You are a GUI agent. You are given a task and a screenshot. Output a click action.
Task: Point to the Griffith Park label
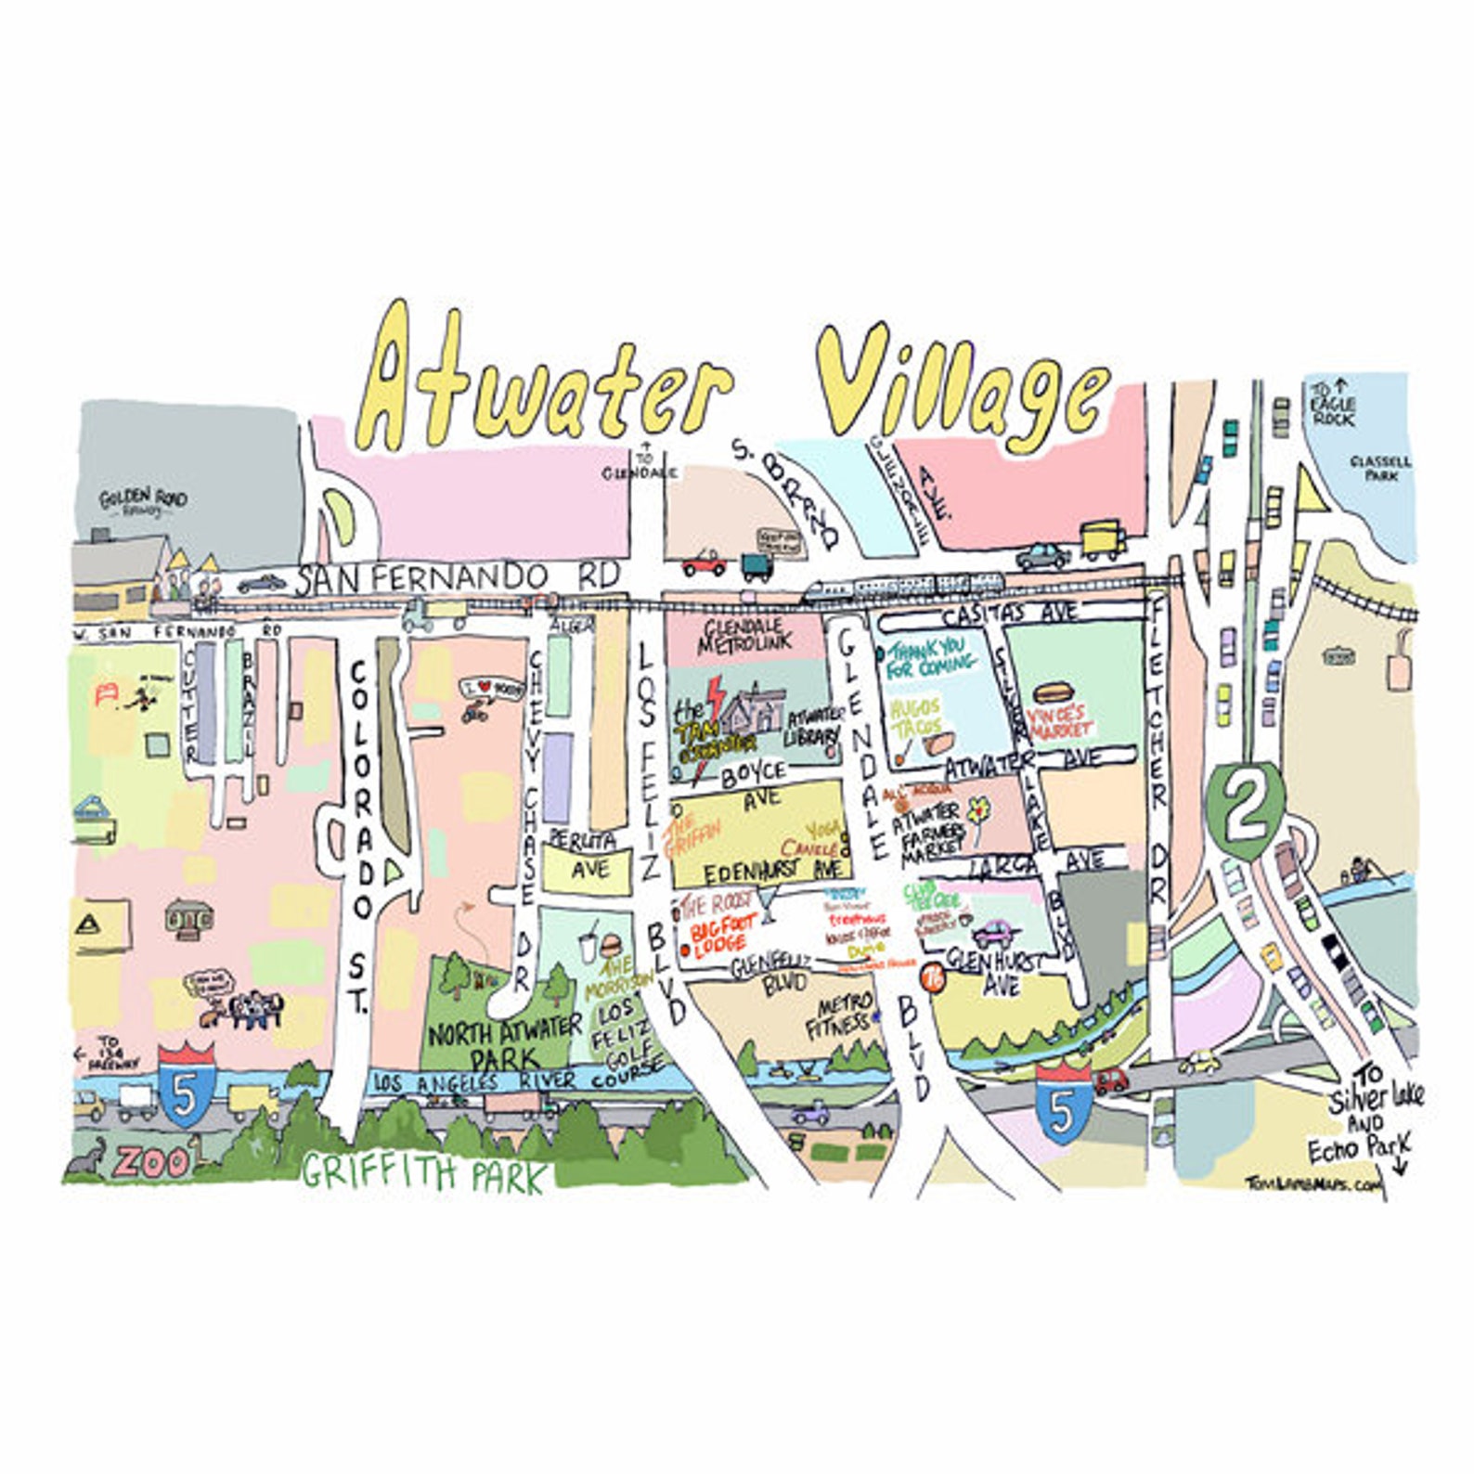coord(423,1173)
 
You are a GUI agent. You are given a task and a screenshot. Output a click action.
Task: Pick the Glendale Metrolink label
coord(745,633)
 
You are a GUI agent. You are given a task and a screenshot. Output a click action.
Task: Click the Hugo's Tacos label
coord(915,718)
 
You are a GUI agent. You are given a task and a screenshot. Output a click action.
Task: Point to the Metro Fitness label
coord(840,1016)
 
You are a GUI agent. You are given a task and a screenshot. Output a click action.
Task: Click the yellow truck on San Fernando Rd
coord(1103,540)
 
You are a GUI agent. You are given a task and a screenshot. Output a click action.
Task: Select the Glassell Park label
coord(1380,468)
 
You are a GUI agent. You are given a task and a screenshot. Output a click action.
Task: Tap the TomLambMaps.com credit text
coord(1312,1184)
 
